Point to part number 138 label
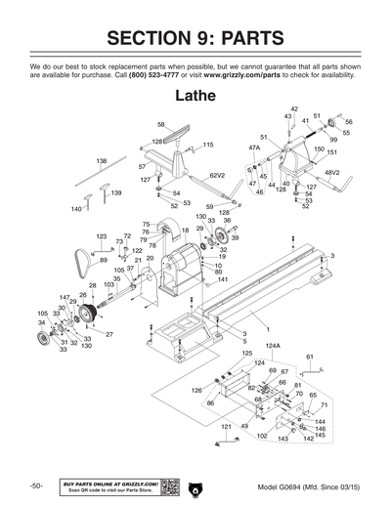click(x=101, y=160)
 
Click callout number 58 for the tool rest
click(x=161, y=125)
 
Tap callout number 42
click(x=294, y=108)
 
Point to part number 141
click(x=223, y=279)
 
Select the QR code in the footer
click(x=168, y=486)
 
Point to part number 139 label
click(x=115, y=192)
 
